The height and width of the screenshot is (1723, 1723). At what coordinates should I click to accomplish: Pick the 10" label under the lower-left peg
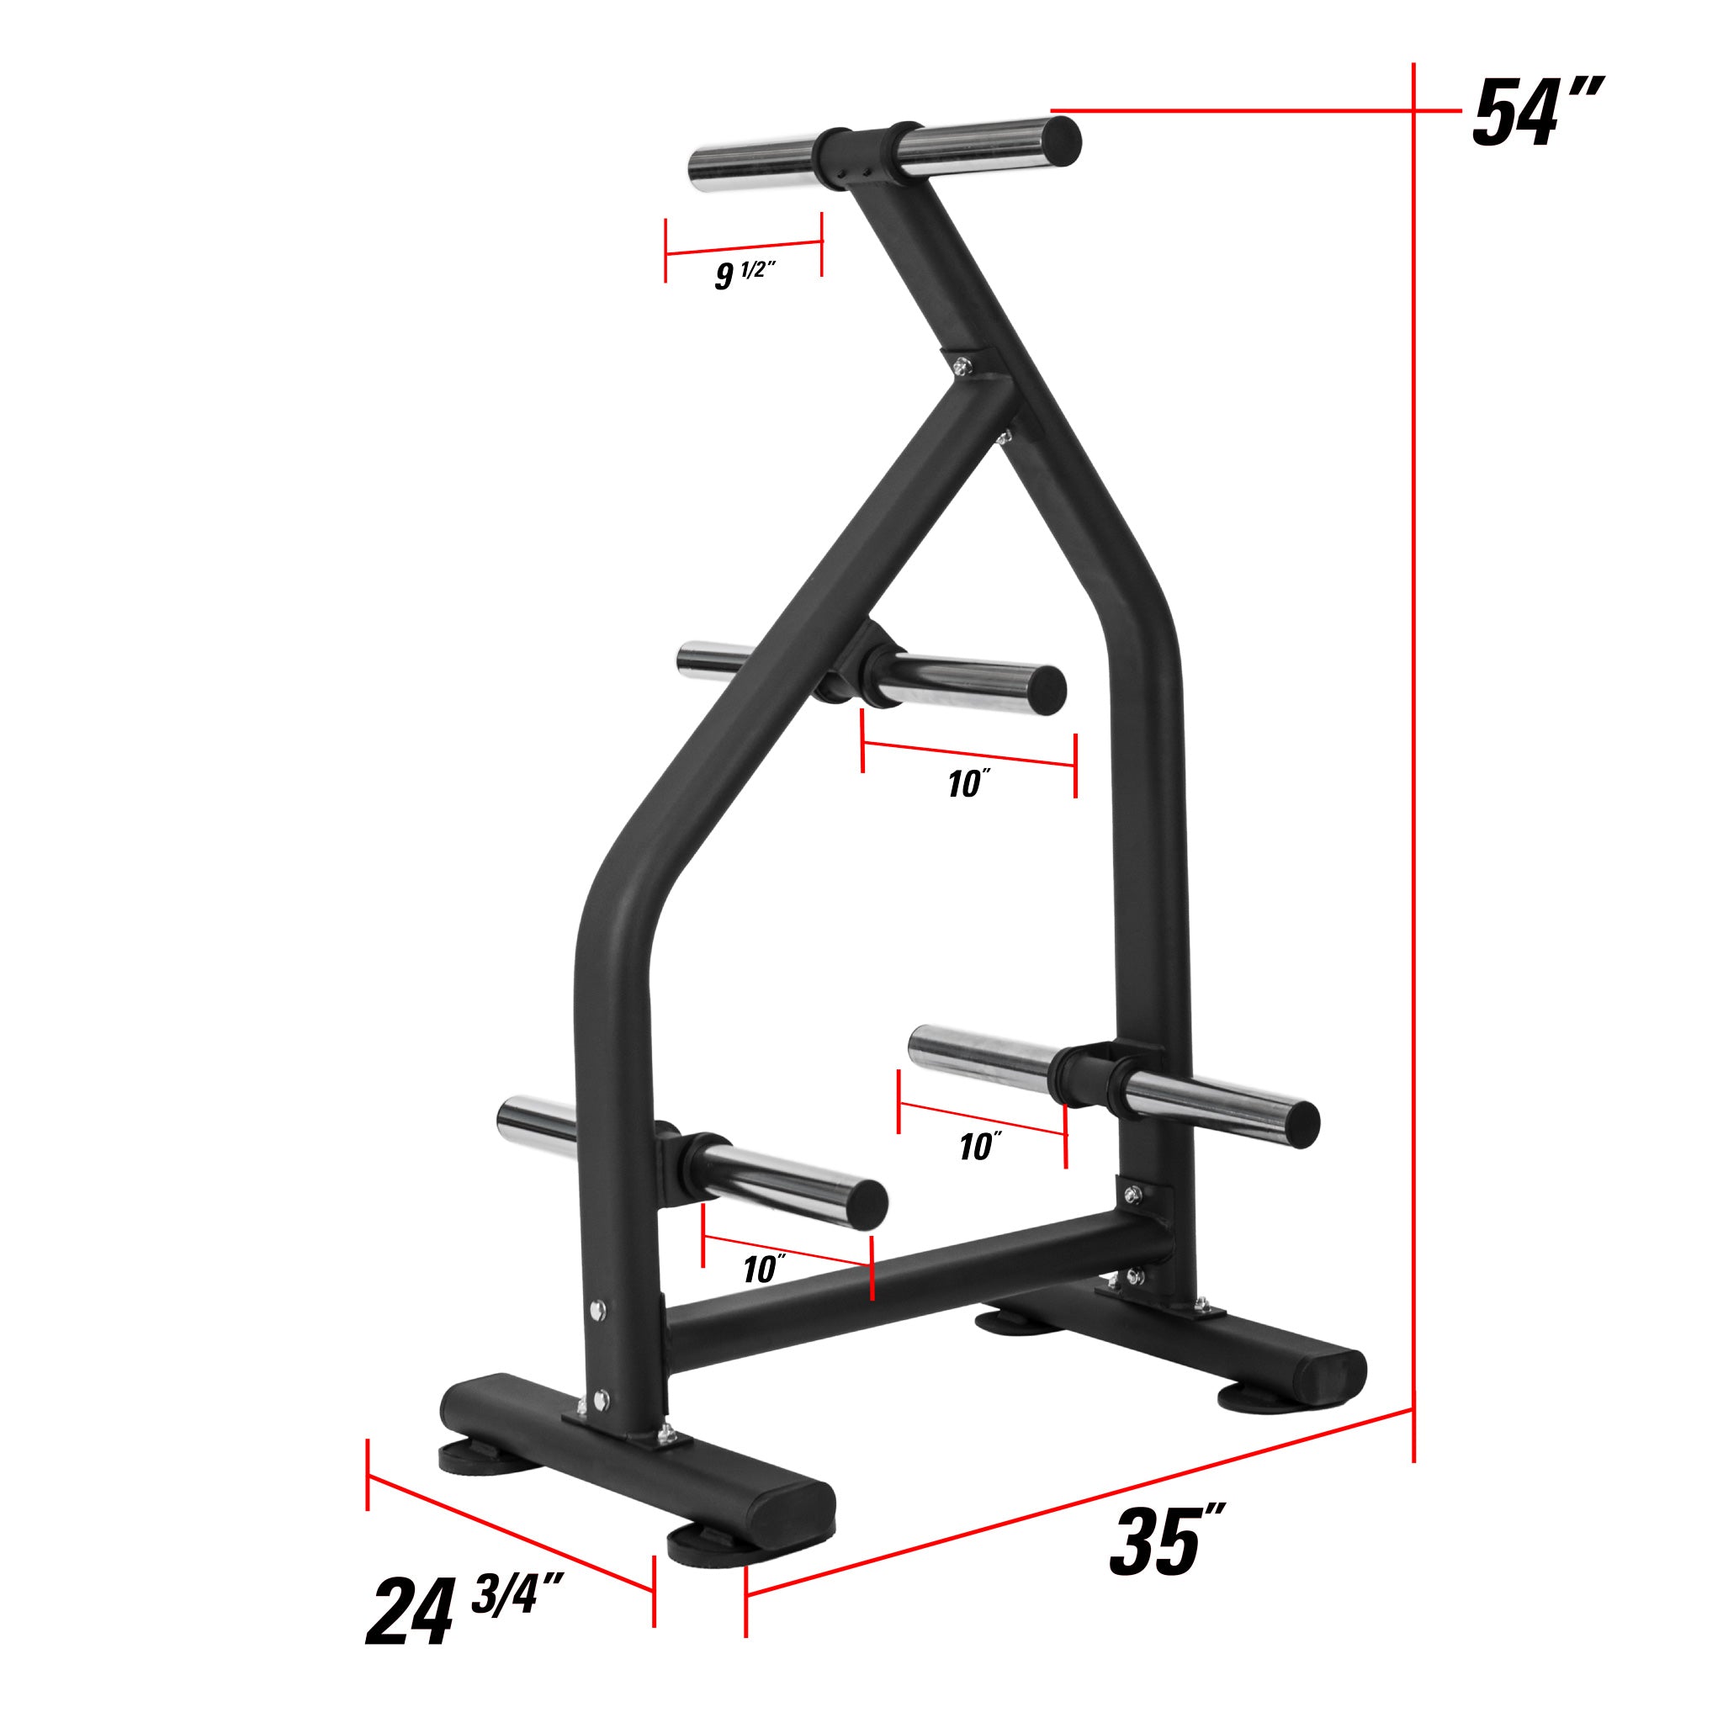click(764, 1268)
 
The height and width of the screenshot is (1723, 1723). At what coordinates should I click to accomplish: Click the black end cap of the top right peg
click(1061, 140)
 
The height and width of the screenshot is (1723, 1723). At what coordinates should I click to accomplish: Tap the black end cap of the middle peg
click(1047, 689)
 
